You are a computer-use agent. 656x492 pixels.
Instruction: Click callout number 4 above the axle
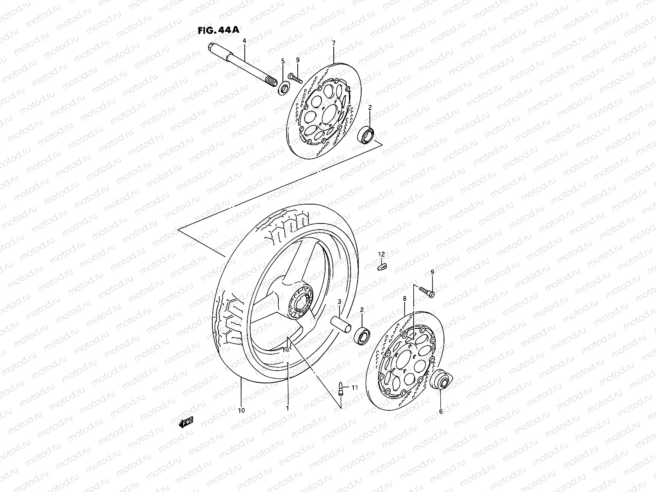coord(244,41)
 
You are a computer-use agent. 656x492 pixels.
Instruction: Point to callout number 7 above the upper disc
coord(333,43)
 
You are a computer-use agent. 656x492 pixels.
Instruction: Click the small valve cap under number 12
coord(381,266)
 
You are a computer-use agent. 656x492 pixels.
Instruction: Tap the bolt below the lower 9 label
coord(428,292)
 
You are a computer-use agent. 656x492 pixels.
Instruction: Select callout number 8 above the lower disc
coord(405,299)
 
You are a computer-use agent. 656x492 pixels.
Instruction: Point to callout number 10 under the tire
coord(241,410)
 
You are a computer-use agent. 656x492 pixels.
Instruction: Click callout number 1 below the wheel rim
coord(287,408)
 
